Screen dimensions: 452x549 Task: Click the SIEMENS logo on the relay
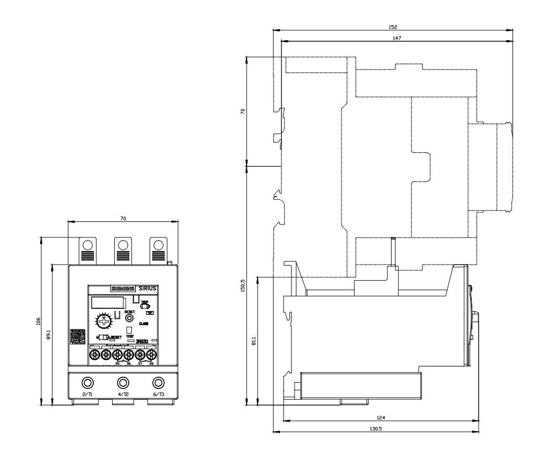[x=123, y=288]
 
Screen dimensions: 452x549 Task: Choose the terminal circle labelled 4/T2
[x=123, y=381]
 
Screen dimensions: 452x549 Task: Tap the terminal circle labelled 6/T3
[x=157, y=381]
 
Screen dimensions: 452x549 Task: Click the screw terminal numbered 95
[x=117, y=354]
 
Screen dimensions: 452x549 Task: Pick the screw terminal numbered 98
[x=152, y=354]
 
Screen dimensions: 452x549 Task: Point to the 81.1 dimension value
[x=254, y=340]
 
